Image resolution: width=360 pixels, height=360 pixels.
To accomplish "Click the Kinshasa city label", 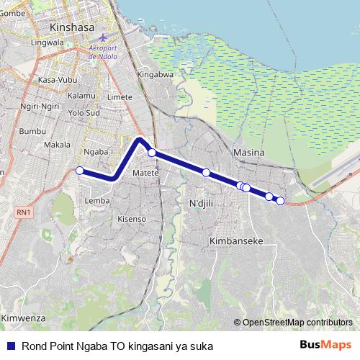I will coord(73,27).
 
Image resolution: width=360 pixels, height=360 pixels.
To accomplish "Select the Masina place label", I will coord(249,153).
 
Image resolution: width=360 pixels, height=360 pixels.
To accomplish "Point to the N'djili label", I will coord(202,203).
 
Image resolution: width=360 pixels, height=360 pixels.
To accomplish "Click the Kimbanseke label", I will coord(235,240).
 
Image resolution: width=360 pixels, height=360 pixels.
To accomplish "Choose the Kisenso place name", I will coord(132,218).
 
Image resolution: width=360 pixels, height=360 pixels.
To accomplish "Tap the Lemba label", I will coord(96,200).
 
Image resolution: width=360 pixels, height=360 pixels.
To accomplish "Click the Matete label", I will coord(145,173).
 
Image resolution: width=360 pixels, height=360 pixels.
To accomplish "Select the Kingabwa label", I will coord(156,74).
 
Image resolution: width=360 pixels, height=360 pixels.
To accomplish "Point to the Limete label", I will coord(120,96).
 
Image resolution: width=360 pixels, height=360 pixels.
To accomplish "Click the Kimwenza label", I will coord(23,318).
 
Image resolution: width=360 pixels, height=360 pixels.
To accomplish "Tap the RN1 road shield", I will coord(24,212).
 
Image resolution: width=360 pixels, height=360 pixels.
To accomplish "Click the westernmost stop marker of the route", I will coord(80,171).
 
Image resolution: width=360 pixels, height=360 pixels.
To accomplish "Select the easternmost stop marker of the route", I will coord(281,201).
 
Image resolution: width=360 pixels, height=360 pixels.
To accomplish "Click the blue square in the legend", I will coord(11,346).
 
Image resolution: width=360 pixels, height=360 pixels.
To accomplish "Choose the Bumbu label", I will coord(32,131).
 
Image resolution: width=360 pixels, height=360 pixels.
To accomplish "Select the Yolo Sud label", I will coord(83,113).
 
